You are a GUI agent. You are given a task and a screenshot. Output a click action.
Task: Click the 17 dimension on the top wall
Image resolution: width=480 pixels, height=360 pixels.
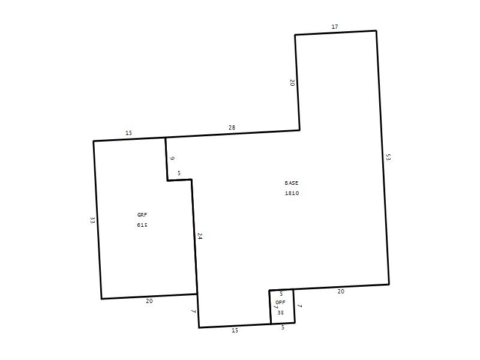pos(335,27)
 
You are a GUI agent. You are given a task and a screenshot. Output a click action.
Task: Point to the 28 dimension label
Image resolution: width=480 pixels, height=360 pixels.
pos(232,128)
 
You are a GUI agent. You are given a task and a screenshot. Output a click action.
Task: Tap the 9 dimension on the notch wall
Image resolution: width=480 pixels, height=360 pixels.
pos(172,158)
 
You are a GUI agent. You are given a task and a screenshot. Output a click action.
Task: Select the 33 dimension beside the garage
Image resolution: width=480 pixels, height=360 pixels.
pos(92,220)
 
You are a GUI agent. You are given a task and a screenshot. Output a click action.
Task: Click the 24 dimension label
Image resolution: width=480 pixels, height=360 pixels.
pos(200,236)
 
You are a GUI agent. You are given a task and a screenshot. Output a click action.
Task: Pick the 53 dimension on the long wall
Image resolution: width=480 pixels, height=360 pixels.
pos(388,157)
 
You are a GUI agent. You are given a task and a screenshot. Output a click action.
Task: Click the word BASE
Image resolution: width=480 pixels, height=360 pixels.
pos(291,183)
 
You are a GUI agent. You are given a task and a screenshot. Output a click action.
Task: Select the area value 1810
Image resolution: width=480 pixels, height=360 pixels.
pos(292,193)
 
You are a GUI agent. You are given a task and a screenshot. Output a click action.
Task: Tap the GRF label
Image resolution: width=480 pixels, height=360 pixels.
pos(142,215)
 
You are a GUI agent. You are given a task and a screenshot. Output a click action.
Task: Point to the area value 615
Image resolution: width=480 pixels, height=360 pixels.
pos(142,225)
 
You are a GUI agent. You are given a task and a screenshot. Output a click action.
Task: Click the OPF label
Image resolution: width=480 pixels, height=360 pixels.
pos(280,302)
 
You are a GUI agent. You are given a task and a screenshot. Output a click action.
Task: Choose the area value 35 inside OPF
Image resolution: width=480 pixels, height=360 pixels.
pos(280,313)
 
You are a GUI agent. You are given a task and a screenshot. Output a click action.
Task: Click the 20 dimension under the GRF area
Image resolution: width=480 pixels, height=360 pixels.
pos(149,301)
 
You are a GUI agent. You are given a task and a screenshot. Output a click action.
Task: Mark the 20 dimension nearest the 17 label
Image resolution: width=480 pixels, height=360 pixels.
pos(292,83)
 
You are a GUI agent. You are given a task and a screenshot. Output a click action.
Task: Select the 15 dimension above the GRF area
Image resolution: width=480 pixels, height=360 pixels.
pos(129,133)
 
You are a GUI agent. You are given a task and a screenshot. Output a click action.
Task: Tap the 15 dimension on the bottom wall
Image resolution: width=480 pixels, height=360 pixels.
pos(235,331)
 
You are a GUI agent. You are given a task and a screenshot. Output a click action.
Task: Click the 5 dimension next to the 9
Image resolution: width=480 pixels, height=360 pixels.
pos(179,173)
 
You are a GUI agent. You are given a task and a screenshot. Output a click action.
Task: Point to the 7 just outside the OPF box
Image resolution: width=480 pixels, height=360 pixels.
pos(300,307)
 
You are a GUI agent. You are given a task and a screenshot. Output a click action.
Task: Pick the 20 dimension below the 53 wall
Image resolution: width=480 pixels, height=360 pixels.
pos(341,292)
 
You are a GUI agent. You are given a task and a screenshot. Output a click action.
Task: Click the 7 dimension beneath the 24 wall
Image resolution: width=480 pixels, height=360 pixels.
pos(193,312)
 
